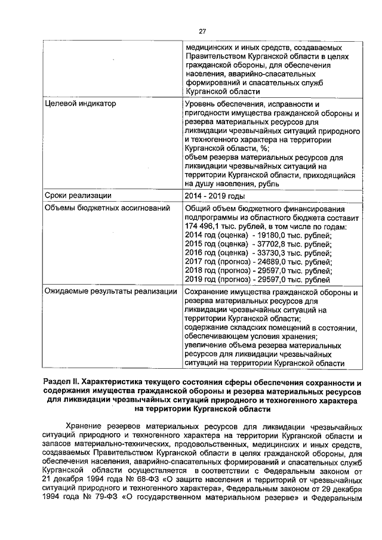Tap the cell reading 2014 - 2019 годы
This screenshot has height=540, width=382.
215,196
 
